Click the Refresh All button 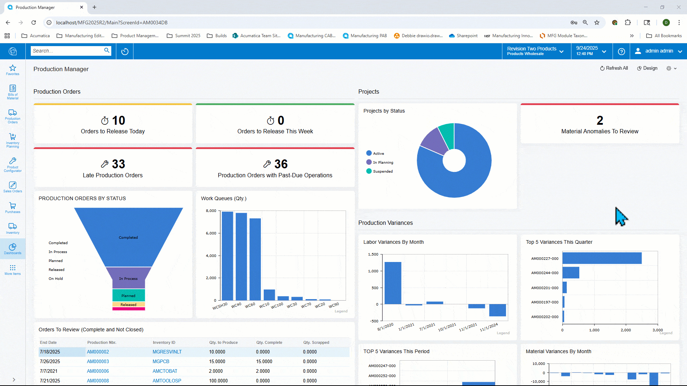click(x=614, y=68)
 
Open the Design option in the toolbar click(x=647, y=68)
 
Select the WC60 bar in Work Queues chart click(x=255, y=259)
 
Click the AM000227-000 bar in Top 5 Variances click(x=602, y=258)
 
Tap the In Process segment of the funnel click(x=128, y=278)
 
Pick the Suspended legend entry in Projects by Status click(x=383, y=171)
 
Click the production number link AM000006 click(x=98, y=371)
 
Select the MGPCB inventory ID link click(x=161, y=361)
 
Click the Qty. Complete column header click(x=269, y=342)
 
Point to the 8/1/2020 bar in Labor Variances click(x=393, y=283)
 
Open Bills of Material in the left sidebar click(x=13, y=91)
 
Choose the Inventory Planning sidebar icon click(x=13, y=140)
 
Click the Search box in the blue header click(x=67, y=51)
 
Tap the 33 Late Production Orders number click(x=118, y=164)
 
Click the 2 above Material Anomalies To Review click(x=600, y=120)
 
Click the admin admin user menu click(x=658, y=51)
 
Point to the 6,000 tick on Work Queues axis click(x=211, y=233)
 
